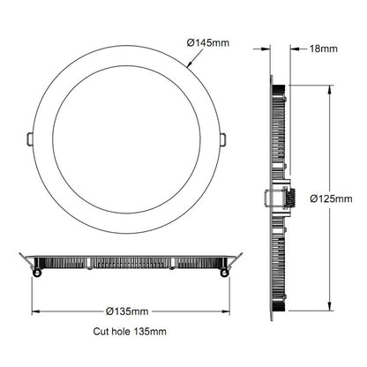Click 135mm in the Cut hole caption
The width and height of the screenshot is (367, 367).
tap(151, 332)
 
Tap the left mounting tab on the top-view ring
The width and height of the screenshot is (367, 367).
tap(30, 139)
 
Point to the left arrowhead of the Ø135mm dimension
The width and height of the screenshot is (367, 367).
tap(36, 311)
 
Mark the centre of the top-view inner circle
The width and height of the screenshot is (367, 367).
tap(126, 139)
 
